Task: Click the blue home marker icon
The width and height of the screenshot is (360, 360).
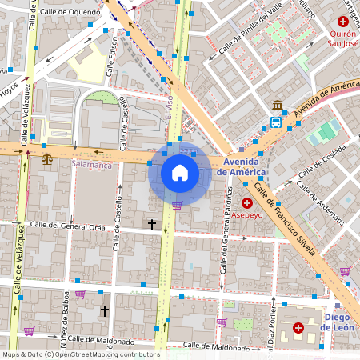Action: [180, 173]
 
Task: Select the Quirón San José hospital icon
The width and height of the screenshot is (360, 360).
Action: [343, 22]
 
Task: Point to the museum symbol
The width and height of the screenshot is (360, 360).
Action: [277, 106]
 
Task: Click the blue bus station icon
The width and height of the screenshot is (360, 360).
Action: [276, 122]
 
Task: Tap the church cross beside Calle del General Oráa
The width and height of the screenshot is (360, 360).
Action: [151, 225]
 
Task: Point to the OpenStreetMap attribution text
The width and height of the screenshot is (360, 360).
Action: [80, 354]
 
